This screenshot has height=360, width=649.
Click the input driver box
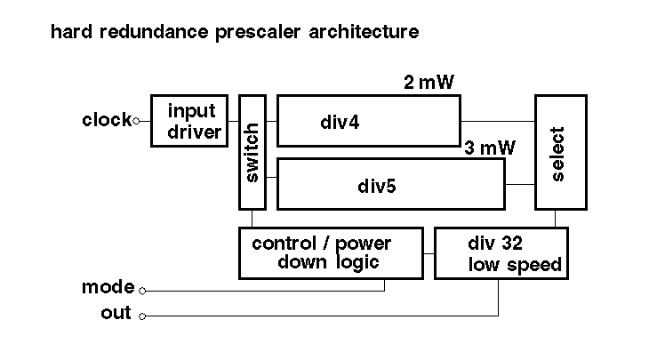coord(189,120)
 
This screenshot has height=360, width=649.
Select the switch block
coord(252,151)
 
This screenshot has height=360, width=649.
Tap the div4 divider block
coord(369,121)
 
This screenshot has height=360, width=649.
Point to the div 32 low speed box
coord(501,252)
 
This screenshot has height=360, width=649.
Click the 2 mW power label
coord(429,84)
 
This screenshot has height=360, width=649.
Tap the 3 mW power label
coord(490,148)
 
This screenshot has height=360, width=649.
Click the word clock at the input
coord(106,119)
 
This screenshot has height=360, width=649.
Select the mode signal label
coord(108,287)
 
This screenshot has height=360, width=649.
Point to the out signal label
coord(116,313)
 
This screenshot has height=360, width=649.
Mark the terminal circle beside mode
coord(142,289)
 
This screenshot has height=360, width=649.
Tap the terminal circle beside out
coord(142,315)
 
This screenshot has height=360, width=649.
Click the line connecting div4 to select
coord(497,121)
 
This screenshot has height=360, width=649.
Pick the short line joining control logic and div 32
coord(429,253)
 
